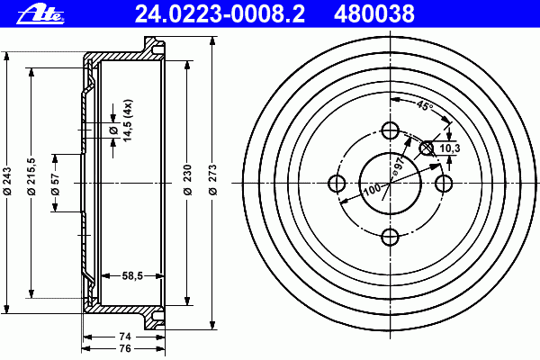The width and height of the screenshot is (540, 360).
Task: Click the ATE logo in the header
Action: tap(40, 14)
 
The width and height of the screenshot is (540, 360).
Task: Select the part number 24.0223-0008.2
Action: tap(220, 14)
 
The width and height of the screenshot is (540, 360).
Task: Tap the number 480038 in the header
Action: tap(374, 14)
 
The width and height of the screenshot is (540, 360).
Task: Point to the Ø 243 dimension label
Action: tap(7, 181)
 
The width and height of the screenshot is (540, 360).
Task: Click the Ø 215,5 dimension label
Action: tap(31, 176)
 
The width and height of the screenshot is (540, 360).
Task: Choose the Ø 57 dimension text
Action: tap(55, 184)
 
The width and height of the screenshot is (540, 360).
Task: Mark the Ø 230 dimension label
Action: tap(187, 180)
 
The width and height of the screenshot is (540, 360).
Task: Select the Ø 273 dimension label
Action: tap(213, 180)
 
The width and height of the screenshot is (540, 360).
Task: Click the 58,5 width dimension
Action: tap(132, 276)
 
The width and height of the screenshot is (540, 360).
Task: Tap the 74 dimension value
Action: tap(125, 337)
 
